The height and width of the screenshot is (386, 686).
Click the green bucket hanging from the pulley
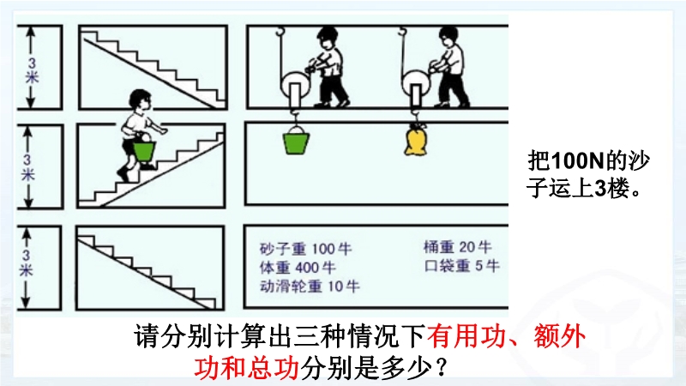(x=296, y=141)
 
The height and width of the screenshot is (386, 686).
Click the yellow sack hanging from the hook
(x=415, y=140)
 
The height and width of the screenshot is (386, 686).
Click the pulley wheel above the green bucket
(x=295, y=84)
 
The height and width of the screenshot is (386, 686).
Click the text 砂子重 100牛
(x=305, y=249)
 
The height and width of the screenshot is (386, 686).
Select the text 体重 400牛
(x=298, y=268)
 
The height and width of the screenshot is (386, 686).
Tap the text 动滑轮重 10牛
(x=310, y=286)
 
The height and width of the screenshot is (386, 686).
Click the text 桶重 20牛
(x=457, y=247)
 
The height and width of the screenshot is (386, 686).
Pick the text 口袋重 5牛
(x=461, y=265)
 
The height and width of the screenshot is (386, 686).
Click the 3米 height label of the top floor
(x=32, y=70)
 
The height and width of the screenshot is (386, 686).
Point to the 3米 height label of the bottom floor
(x=27, y=262)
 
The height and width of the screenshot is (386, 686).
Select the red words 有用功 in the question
(x=466, y=337)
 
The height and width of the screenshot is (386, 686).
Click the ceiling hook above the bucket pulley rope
(x=280, y=31)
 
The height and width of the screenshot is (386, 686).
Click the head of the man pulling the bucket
(x=327, y=37)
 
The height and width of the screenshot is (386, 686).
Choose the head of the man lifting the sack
(x=448, y=37)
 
